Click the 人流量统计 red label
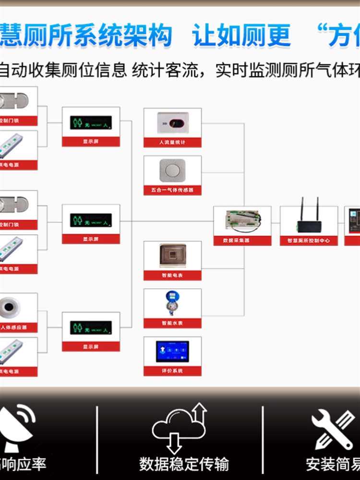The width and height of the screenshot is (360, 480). pyautogui.click(x=172, y=143)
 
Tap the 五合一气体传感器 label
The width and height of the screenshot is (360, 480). pyautogui.click(x=172, y=190)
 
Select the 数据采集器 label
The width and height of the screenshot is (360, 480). pyautogui.click(x=242, y=240)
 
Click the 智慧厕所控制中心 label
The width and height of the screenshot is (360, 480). pyautogui.click(x=309, y=240)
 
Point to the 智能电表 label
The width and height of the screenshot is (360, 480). pyautogui.click(x=172, y=276)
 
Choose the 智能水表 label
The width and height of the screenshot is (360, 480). pyautogui.click(x=172, y=323)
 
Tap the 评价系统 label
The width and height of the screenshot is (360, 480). pyautogui.click(x=172, y=371)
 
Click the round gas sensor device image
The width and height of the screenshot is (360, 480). pyautogui.click(x=172, y=170)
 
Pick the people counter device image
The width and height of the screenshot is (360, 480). pyautogui.click(x=172, y=123)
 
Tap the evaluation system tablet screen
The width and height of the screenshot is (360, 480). pyautogui.click(x=172, y=351)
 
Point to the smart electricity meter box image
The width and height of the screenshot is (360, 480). pyautogui.click(x=172, y=255)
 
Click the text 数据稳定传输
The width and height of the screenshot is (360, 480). pyautogui.click(x=184, y=464)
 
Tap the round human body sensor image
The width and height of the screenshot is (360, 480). pyautogui.click(x=11, y=307)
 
